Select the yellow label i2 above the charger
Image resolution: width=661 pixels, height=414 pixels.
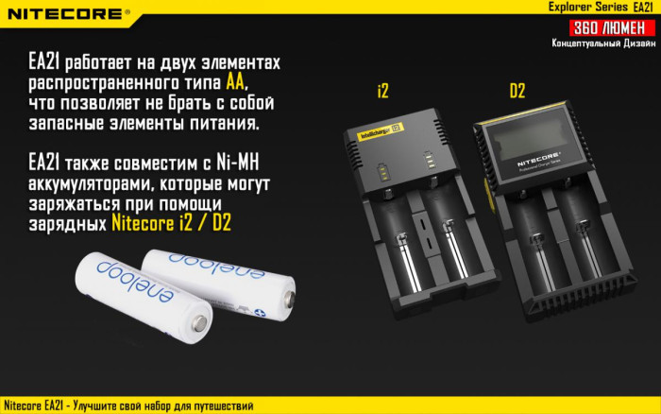(x=382, y=91)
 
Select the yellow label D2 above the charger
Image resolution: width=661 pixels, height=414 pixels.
(x=517, y=91)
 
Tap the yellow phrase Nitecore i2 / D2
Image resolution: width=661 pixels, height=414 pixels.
(x=171, y=223)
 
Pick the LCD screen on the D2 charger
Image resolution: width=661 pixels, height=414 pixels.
(x=529, y=142)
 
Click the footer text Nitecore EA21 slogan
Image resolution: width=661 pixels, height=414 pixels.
(x=127, y=405)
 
